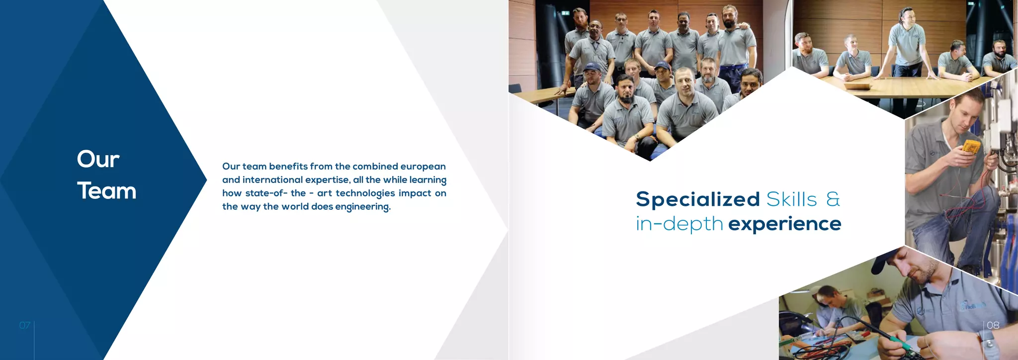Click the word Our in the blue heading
pyautogui.click(x=98, y=159)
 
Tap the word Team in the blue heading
pyautogui.click(x=106, y=191)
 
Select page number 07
pyautogui.click(x=25, y=325)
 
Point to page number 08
pyautogui.click(x=993, y=325)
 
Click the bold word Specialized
pyautogui.click(x=697, y=199)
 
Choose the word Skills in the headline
pyautogui.click(x=791, y=199)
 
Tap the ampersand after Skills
pyautogui.click(x=833, y=199)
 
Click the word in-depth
pyautogui.click(x=679, y=224)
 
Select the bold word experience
pyautogui.click(x=784, y=224)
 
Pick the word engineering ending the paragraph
pyautogui.click(x=362, y=207)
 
